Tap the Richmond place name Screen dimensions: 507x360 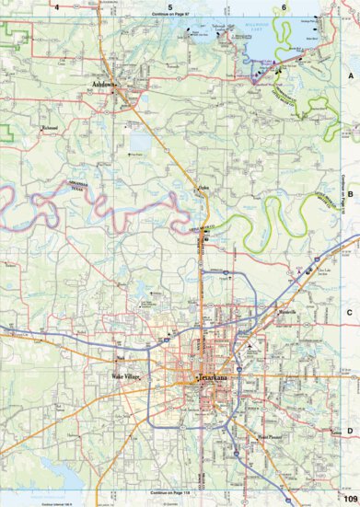pyautogui.click(x=51, y=128)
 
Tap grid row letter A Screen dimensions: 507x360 pyautogui.click(x=349, y=76)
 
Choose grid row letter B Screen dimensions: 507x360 pyautogui.click(x=349, y=195)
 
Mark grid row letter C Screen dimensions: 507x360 pyautogui.click(x=349, y=313)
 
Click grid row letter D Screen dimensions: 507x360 pyautogui.click(x=349, y=431)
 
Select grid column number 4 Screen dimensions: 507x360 pyautogui.click(x=57, y=6)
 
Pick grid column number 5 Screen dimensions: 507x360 pyautogui.click(x=170, y=6)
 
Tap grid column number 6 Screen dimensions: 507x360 pyautogui.click(x=284, y=6)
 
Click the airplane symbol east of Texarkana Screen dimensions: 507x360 pyautogui.click(x=250, y=347)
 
